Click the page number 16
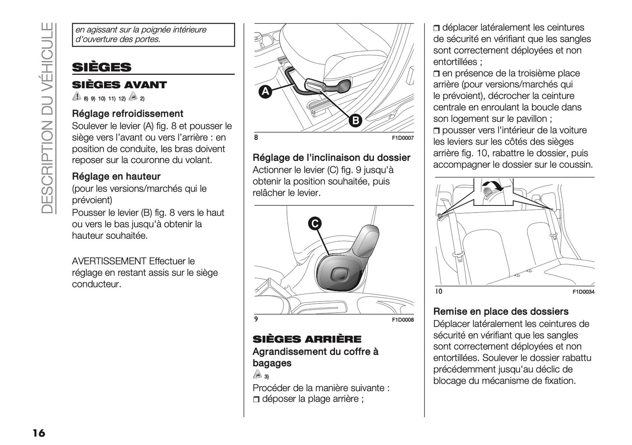[x=38, y=433]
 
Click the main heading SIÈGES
[x=101, y=67]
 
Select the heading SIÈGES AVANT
[x=119, y=85]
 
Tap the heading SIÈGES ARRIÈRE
[x=307, y=339]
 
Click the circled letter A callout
[x=265, y=92]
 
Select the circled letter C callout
[x=314, y=223]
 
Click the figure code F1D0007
[x=402, y=138]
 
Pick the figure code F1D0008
[x=402, y=320]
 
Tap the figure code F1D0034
[x=583, y=292]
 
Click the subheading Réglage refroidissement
[x=127, y=114]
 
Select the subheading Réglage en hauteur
[x=116, y=177]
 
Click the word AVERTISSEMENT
[x=109, y=261]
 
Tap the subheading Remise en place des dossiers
[x=501, y=312]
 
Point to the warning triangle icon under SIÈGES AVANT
[x=77, y=97]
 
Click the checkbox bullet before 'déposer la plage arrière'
[x=256, y=400]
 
